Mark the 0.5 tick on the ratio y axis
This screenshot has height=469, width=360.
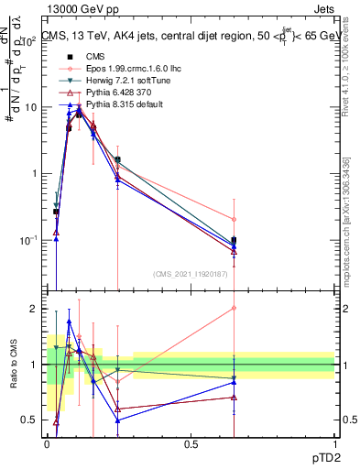[34, 420]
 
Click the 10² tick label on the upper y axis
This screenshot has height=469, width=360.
[29, 41]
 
